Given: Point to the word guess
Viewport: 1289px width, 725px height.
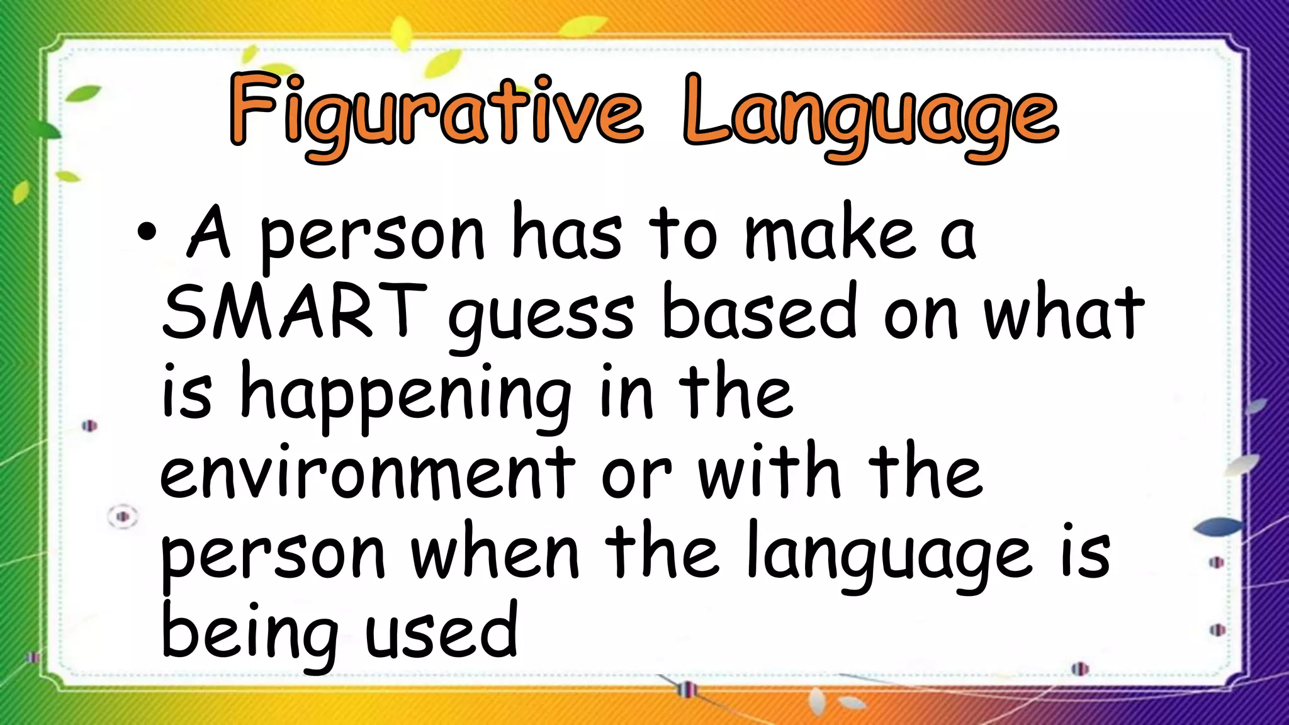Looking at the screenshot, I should coord(541,318).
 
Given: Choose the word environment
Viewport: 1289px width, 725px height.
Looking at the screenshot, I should coord(368,472).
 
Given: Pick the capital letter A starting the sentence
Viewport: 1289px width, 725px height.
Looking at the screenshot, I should coord(210,233).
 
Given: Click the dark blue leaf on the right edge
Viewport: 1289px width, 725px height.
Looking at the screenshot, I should coord(1217,526).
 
